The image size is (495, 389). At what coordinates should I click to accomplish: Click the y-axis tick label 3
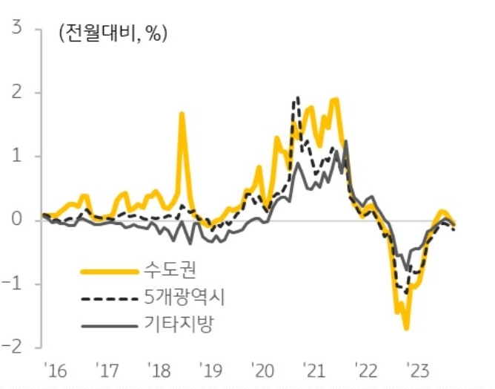pos(15,30)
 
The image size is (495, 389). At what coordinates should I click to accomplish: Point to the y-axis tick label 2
pos(15,93)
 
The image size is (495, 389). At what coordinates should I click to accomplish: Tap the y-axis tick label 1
pos(15,157)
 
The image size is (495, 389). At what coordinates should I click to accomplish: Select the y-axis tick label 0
pos(15,220)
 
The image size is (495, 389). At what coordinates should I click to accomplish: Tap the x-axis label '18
pos(159,370)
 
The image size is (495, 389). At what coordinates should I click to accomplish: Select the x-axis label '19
pos(210,370)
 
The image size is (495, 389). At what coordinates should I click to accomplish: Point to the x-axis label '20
pos(263,370)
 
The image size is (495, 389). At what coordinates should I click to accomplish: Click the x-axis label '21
pos(315,370)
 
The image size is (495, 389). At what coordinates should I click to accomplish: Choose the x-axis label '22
pos(367,370)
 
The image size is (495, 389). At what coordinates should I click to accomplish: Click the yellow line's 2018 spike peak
pos(182,114)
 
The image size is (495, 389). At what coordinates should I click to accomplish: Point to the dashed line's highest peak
pos(297,97)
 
